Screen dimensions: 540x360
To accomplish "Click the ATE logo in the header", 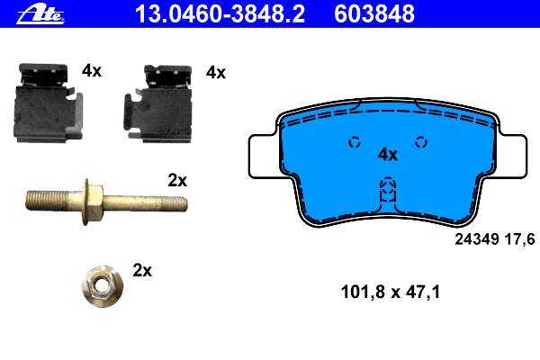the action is click(40, 15).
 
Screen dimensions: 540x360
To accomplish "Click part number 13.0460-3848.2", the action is click(220, 13).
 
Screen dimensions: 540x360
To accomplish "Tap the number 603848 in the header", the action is click(374, 13).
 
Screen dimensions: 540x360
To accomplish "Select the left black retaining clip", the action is click(48, 103).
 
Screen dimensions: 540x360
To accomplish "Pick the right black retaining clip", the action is click(157, 103).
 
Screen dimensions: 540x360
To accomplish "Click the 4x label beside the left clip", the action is click(92, 71).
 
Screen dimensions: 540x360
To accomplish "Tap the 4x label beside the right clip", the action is click(216, 73).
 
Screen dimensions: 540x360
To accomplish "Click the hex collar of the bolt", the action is click(93, 202).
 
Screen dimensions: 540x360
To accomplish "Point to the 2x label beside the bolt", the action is click(177, 181).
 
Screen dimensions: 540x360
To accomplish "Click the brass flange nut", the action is click(102, 285).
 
